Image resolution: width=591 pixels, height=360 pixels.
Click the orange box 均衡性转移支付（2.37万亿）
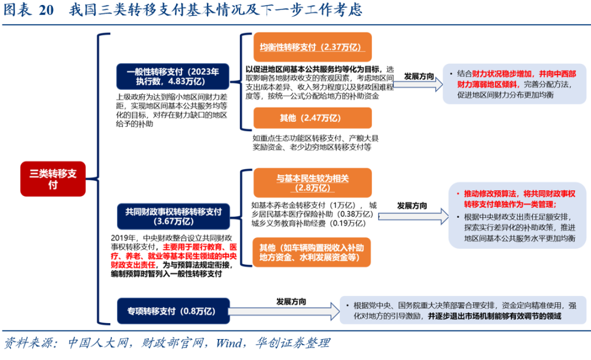[312, 47]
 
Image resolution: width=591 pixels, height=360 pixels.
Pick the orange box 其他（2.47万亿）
[312, 118]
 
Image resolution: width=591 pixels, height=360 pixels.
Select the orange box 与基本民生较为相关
[312, 183]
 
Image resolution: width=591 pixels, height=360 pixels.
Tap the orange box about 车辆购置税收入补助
[312, 252]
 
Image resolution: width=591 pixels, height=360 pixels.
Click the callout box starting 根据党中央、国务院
[460, 311]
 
